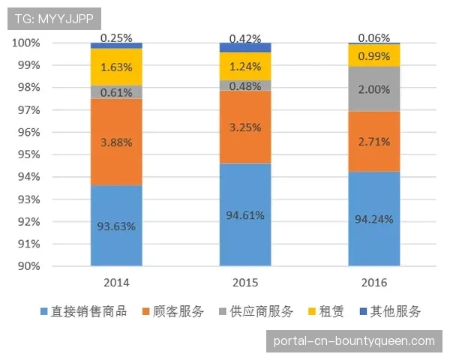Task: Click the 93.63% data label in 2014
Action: tap(116, 226)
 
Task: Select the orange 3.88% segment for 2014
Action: tap(116, 142)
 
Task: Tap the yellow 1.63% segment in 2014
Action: tap(116, 66)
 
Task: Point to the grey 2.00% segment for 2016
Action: tap(373, 89)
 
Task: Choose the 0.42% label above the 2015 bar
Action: tap(245, 38)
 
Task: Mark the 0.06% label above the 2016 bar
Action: tap(373, 37)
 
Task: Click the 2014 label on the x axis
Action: tap(116, 283)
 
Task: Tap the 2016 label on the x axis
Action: tap(373, 283)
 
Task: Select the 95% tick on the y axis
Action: tap(28, 154)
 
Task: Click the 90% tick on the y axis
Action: tap(28, 266)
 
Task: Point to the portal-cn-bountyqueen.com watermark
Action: tap(354, 340)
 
